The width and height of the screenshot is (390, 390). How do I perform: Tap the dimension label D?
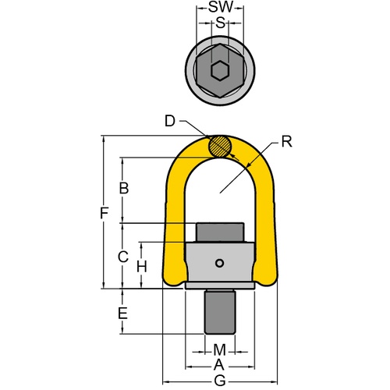click(x=171, y=120)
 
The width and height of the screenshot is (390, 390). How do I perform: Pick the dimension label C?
click(x=122, y=255)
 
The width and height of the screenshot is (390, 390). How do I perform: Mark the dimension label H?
click(x=142, y=266)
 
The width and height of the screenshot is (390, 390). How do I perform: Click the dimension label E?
click(x=122, y=314)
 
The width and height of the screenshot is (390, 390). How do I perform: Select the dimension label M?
click(x=220, y=348)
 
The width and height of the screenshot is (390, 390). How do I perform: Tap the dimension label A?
click(x=220, y=364)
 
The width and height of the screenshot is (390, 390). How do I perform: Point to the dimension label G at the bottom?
click(x=220, y=381)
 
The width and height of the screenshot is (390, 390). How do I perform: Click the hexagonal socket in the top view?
click(x=221, y=71)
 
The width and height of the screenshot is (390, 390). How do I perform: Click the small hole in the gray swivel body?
click(x=222, y=263)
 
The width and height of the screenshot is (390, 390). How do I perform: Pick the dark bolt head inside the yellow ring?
click(x=221, y=233)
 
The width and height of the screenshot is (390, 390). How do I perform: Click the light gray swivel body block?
click(x=221, y=265)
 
